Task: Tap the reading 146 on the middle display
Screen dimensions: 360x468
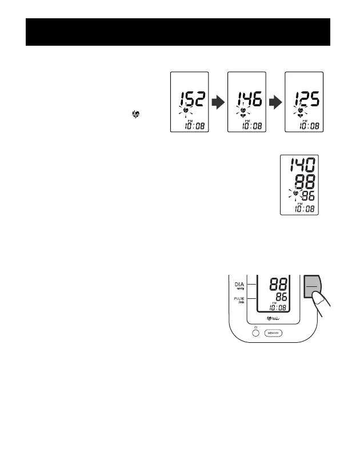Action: click(x=247, y=101)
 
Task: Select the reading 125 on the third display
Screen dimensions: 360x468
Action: click(x=304, y=101)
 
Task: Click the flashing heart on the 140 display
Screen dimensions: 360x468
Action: click(x=295, y=195)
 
